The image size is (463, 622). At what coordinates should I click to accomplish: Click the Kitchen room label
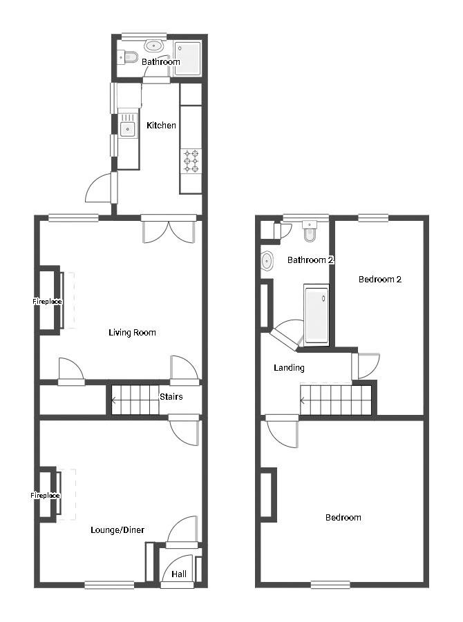[x=161, y=126]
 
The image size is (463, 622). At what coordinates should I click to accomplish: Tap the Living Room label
[x=132, y=333]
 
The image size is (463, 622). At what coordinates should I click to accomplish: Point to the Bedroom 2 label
[x=379, y=280]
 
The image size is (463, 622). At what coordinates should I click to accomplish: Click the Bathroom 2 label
[x=310, y=260]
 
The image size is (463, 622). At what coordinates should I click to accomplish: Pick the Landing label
[x=289, y=368]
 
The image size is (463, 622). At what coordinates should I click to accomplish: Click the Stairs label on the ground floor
[x=171, y=397]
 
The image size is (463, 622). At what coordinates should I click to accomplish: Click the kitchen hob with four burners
[x=191, y=161]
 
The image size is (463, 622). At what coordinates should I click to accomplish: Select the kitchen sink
[x=128, y=128]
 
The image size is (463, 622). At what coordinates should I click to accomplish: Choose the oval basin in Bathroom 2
[x=267, y=262]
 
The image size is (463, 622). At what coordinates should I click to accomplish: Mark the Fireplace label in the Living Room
[x=47, y=302]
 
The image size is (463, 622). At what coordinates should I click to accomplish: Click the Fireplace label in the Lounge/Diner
[x=45, y=496]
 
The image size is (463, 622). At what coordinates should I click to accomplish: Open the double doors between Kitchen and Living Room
[x=169, y=229]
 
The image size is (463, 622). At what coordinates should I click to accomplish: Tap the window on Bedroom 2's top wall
[x=373, y=218]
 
